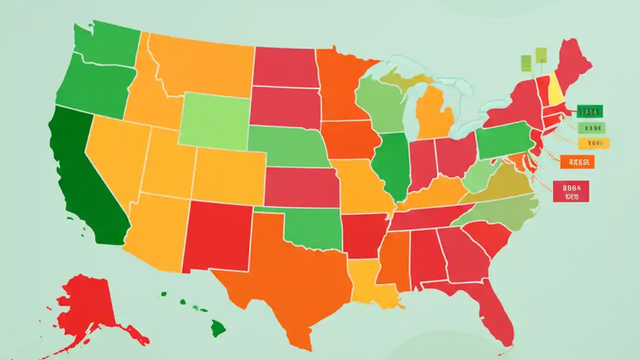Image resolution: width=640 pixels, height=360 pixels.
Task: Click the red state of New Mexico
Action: pos(217,235)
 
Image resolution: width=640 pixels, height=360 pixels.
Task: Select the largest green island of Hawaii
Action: pos(218,328)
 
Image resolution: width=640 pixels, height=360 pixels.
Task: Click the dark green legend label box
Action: pos(589,111)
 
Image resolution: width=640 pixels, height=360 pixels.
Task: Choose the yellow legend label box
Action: pos(593,143)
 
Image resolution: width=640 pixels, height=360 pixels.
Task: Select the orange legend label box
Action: pos(577,161)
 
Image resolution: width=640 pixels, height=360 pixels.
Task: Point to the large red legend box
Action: pos(570,191)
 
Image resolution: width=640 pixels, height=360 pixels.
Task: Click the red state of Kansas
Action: pos(302,186)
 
